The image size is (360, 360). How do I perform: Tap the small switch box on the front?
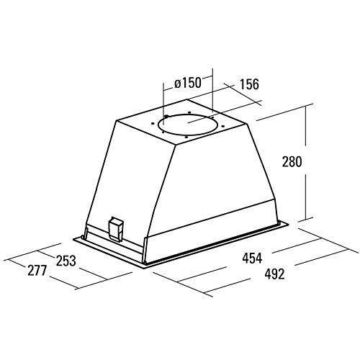tap(114, 228)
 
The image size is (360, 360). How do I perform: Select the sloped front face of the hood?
tap(130, 180)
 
